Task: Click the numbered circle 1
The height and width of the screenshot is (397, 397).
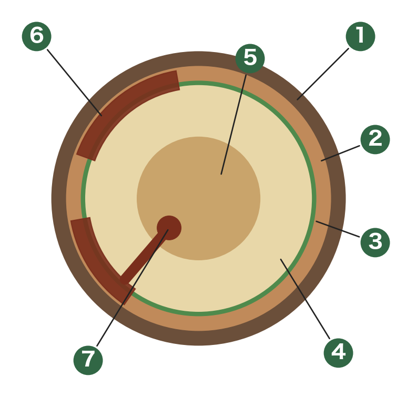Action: [x=360, y=36]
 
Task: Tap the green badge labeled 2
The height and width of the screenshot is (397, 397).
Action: [x=375, y=139]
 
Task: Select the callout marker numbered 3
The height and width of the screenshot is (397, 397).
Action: [x=375, y=242]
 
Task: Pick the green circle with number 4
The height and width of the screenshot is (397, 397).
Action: [x=338, y=353]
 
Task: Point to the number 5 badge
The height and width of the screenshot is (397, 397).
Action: [x=250, y=58]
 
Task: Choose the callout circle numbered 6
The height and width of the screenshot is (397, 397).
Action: [x=36, y=36]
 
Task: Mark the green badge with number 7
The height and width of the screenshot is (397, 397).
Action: [x=88, y=360]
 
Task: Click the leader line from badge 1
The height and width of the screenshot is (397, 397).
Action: [x=323, y=74]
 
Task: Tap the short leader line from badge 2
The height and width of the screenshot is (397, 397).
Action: [x=340, y=153]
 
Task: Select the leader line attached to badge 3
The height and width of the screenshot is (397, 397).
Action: [x=338, y=229]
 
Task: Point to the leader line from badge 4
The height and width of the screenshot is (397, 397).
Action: [x=305, y=299]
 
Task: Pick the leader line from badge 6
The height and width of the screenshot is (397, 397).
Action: [x=75, y=83]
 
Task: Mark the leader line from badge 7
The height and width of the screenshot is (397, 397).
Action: [x=133, y=288]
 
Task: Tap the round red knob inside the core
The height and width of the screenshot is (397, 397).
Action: [x=169, y=228]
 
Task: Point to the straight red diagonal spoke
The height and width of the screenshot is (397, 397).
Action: [x=144, y=256]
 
